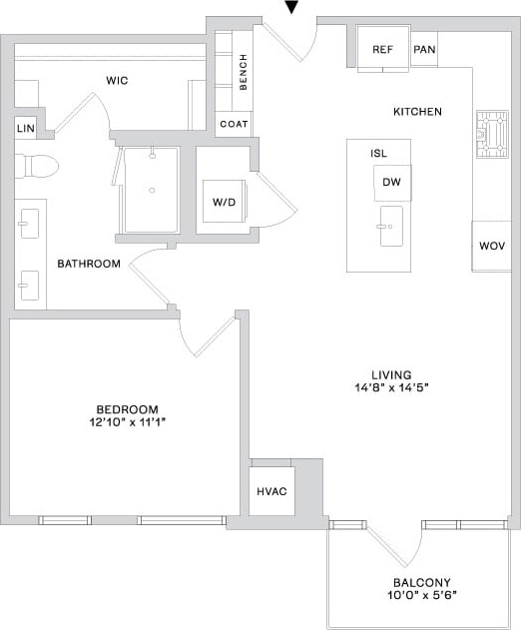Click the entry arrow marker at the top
click(291, 8)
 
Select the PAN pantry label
click(423, 50)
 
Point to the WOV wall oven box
click(491, 246)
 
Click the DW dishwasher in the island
click(391, 183)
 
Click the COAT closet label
click(234, 125)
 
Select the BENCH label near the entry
click(244, 72)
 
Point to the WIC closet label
click(117, 80)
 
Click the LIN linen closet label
click(25, 129)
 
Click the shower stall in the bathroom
click(151, 190)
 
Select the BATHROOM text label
click(89, 264)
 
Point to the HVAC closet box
click(270, 491)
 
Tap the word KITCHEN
click(417, 112)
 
